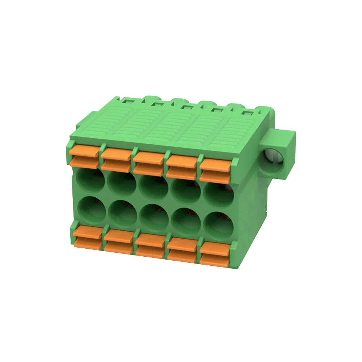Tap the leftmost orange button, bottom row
(88, 237)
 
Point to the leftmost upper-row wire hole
(90, 180)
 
